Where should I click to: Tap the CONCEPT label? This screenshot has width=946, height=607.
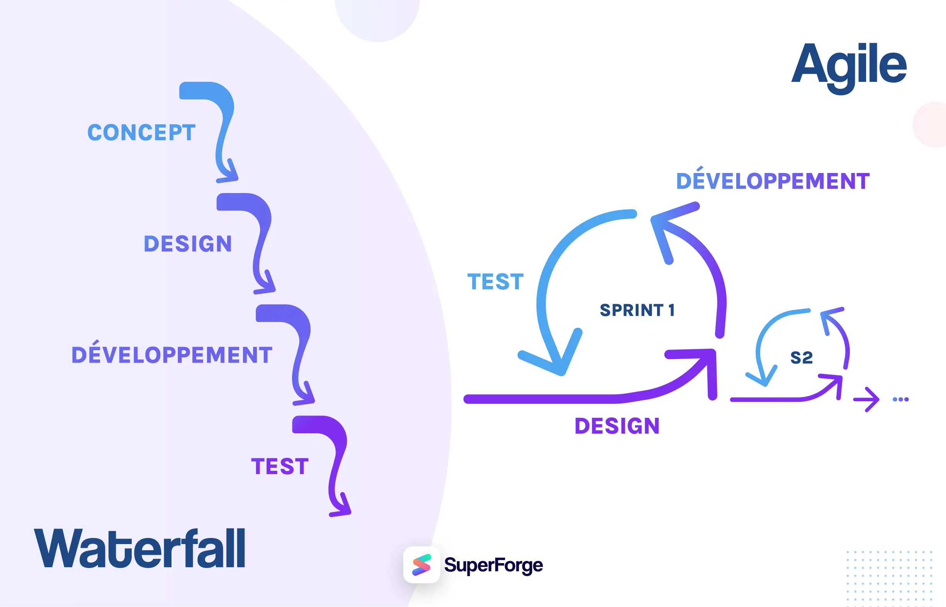pyautogui.click(x=141, y=132)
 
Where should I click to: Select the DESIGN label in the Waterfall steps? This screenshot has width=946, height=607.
pyautogui.click(x=188, y=244)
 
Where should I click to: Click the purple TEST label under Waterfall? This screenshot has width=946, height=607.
pyautogui.click(x=280, y=466)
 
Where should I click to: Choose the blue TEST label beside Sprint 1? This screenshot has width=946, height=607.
pyautogui.click(x=495, y=282)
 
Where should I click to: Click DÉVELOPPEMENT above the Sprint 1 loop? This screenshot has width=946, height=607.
pyautogui.click(x=773, y=181)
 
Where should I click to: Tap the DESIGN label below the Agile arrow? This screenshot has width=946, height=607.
pyautogui.click(x=617, y=426)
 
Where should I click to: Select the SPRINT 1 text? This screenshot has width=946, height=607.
pyautogui.click(x=637, y=310)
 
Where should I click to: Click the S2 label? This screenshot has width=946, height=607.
pyautogui.click(x=801, y=358)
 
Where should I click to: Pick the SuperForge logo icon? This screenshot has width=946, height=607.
pyautogui.click(x=421, y=565)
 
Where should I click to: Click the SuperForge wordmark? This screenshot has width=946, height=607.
pyautogui.click(x=493, y=565)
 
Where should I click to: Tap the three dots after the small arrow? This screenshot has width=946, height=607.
pyautogui.click(x=901, y=399)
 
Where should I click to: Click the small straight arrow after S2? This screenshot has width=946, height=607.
pyautogui.click(x=866, y=399)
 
